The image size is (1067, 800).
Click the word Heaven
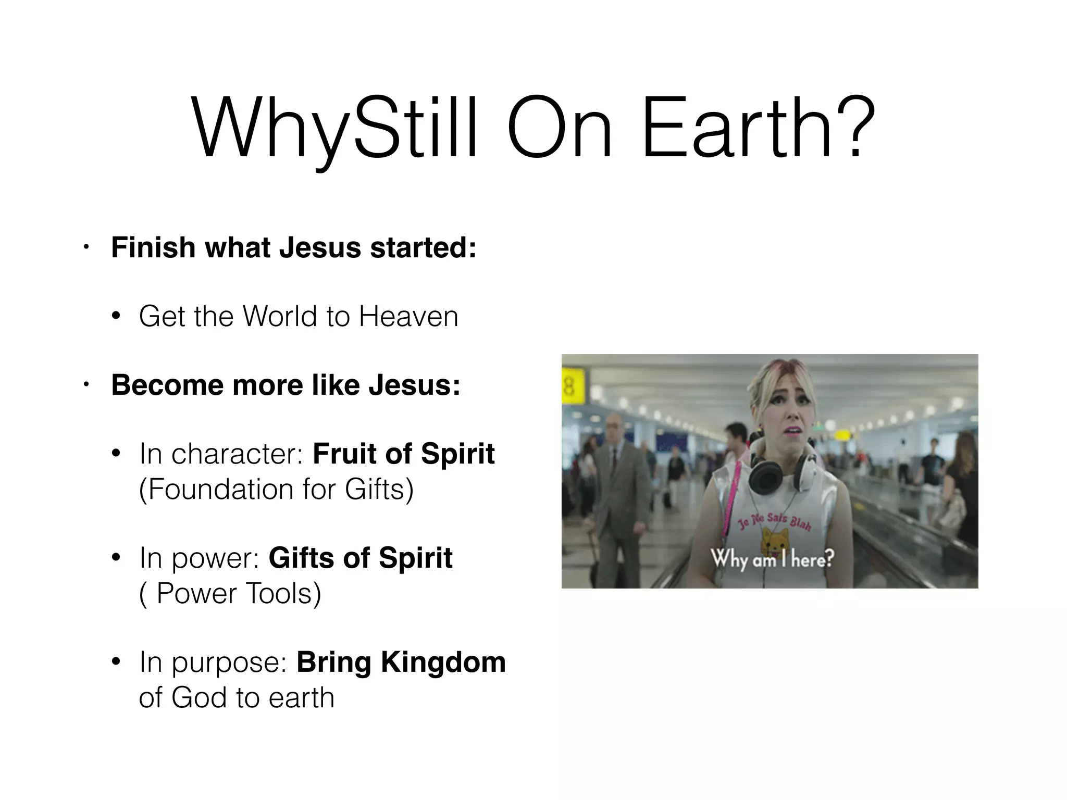coord(408,317)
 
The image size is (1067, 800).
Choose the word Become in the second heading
coord(167,385)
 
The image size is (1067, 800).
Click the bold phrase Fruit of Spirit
coord(403,454)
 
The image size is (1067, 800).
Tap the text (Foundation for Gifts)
coord(276,490)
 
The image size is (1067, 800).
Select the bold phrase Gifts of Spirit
coord(360,558)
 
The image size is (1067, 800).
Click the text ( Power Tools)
coord(230,593)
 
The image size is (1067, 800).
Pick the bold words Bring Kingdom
coord(401,662)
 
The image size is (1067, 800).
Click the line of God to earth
coord(237,697)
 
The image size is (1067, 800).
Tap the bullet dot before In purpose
coord(116,662)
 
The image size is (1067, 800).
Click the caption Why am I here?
coord(773,559)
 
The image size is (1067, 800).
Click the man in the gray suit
coord(620,484)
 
